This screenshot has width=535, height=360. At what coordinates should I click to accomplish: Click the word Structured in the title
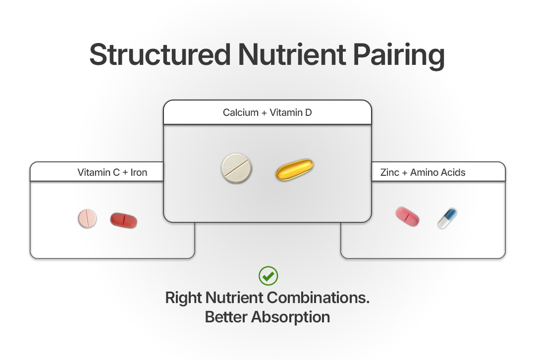tap(160, 54)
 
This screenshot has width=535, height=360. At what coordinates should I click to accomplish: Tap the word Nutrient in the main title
tap(292, 54)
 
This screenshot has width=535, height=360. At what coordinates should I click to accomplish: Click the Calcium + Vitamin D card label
tap(267, 112)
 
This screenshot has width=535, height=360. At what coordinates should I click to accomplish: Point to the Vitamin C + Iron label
tap(112, 172)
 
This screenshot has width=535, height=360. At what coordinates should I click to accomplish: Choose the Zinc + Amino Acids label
tap(423, 172)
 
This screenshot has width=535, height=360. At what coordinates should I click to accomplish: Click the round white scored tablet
tap(236, 168)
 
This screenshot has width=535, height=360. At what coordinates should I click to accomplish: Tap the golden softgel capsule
tap(294, 169)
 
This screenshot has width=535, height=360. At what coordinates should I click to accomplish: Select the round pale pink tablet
tap(87, 218)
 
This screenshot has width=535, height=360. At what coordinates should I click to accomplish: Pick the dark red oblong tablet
tap(123, 220)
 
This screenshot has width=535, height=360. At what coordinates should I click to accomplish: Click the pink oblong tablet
tap(407, 216)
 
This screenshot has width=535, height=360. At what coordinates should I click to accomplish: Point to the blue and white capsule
tap(447, 218)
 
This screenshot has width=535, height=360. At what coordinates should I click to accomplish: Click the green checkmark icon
tap(268, 276)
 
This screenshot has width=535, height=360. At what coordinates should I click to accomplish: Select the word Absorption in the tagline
tap(291, 317)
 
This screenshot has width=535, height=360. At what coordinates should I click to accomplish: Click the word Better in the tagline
tap(226, 317)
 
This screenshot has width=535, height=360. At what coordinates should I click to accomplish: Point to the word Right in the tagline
tap(184, 298)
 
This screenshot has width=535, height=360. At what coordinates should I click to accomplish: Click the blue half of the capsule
tap(451, 214)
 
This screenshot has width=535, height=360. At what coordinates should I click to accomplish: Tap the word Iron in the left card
tap(139, 172)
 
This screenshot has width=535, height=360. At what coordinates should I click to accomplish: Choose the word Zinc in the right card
tap(390, 172)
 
